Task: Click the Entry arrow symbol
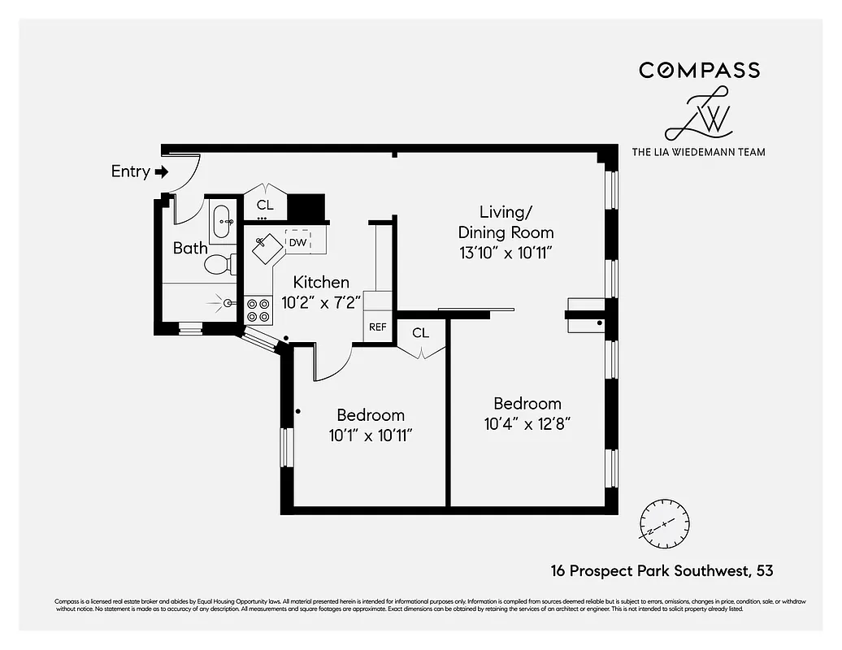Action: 161,171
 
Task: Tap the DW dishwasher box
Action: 297,242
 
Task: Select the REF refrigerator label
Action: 378,327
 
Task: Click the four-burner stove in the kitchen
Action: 259,310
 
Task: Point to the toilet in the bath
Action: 219,264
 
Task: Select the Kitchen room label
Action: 321,282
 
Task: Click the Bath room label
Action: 190,248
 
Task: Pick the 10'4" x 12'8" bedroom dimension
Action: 527,424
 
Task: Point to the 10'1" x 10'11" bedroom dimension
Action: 371,435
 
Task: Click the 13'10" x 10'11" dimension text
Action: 505,253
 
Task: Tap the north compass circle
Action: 664,521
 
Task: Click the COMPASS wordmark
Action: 699,70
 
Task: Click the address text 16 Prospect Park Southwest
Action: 649,571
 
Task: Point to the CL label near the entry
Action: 265,205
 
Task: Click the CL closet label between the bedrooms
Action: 420,332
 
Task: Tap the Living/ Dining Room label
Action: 505,222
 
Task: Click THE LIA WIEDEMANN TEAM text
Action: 698,151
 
